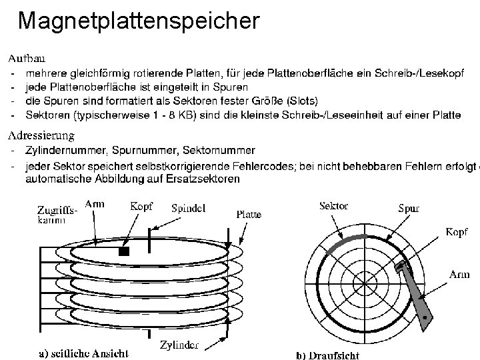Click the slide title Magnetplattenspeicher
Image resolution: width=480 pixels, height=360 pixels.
[138, 21]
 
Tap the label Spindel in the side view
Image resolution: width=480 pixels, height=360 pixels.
[188, 208]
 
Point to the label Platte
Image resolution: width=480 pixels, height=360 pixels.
[249, 215]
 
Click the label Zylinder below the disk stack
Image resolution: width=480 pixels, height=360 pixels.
[179, 345]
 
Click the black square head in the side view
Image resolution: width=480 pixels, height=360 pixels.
[123, 252]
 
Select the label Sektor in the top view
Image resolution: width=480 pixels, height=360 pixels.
[334, 206]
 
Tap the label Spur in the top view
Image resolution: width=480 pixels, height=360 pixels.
[409, 208]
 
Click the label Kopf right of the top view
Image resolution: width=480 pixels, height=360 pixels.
[457, 232]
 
